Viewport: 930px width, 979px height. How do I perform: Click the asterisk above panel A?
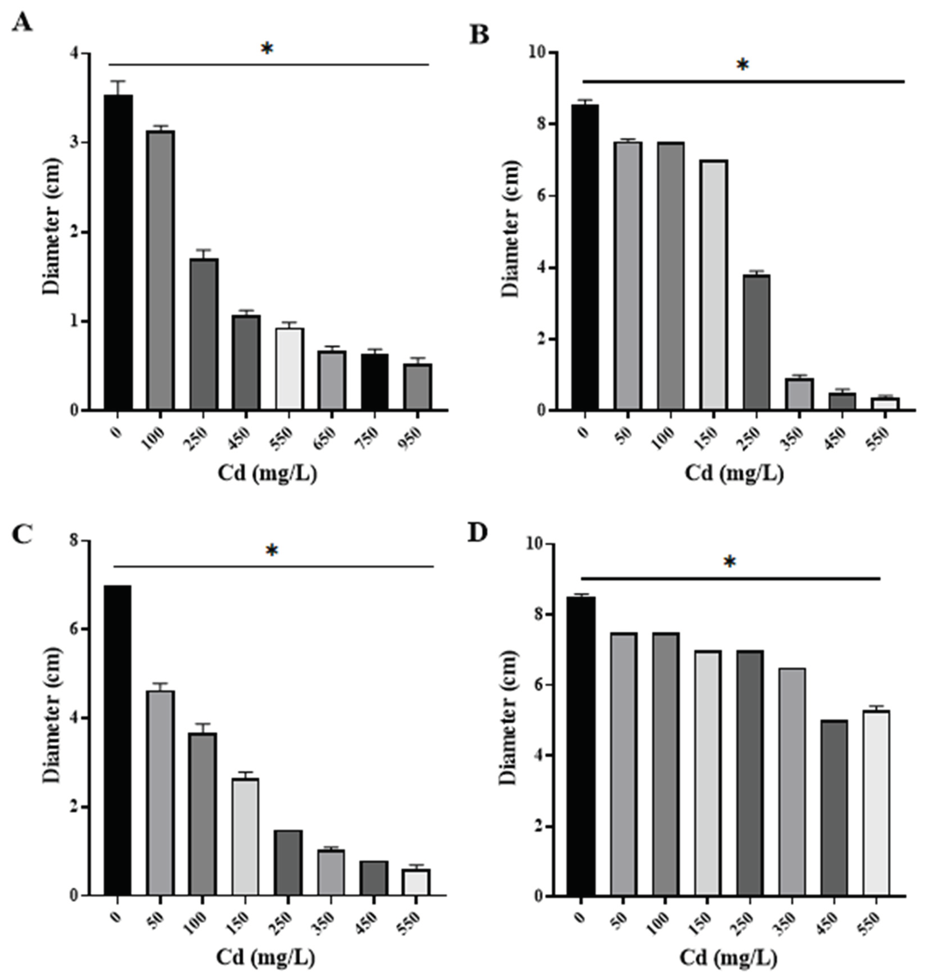coord(267,49)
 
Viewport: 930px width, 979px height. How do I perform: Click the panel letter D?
coord(478,533)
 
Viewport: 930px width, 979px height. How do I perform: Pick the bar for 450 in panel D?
coord(833,808)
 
